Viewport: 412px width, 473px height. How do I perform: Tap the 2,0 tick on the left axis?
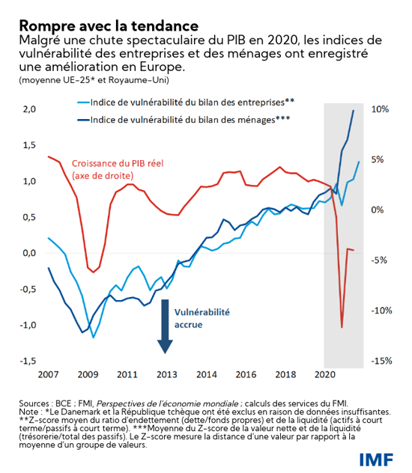pyautogui.click(x=30, y=109)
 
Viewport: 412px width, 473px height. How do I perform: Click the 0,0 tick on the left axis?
pyautogui.click(x=30, y=253)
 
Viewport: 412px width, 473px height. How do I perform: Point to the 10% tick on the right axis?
pyautogui.click(x=380, y=109)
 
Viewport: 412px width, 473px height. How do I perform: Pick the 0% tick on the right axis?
pyautogui.click(x=380, y=210)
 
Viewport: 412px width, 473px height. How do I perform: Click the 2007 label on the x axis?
pyautogui.click(x=48, y=373)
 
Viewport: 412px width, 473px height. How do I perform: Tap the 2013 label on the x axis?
pyautogui.click(x=166, y=373)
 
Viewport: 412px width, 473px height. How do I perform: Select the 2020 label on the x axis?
pyautogui.click(x=324, y=373)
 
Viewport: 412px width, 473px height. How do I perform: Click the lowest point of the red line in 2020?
pyautogui.click(x=342, y=327)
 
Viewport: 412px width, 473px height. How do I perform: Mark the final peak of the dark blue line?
pyautogui.click(x=354, y=111)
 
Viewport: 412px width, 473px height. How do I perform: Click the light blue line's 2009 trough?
pyautogui.click(x=94, y=338)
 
